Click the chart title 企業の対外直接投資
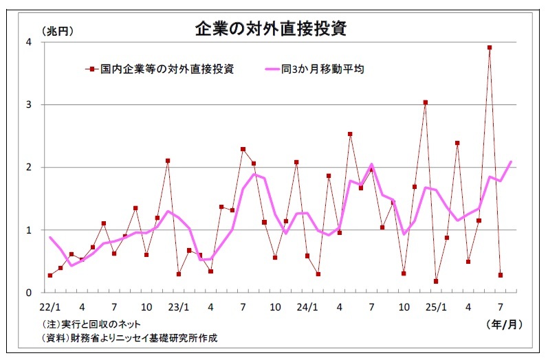[270, 29]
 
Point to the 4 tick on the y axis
[28, 42]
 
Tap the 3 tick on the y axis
[28, 105]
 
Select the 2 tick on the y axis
[28, 168]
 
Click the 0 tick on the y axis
[28, 293]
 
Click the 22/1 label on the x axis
[50, 307]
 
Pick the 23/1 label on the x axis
[179, 307]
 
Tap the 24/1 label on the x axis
[307, 307]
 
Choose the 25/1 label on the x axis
[436, 307]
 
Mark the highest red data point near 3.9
[490, 47]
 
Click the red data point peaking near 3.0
[426, 102]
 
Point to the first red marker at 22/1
[50, 275]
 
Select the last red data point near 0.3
[501, 275]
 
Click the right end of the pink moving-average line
[511, 162]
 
